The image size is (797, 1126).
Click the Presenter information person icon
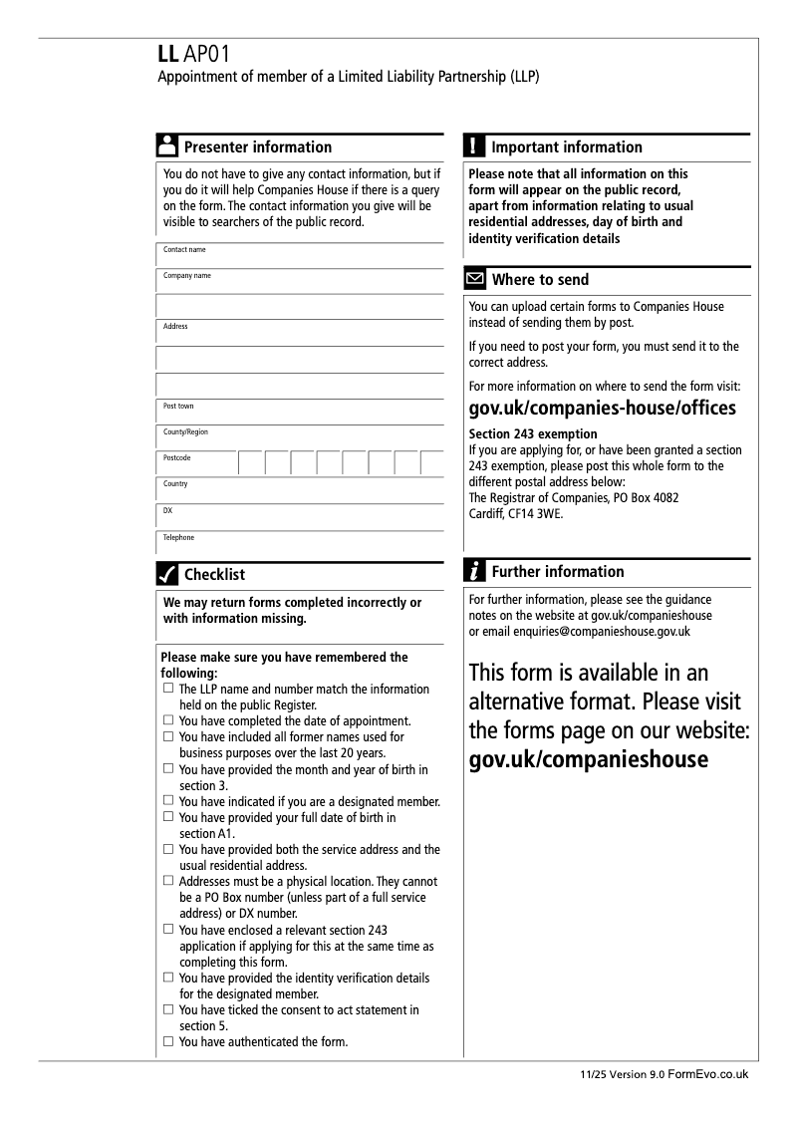tap(167, 146)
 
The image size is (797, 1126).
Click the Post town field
tap(299, 413)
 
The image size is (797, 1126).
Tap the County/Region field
tap(299, 438)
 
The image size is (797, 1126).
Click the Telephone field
tap(299, 544)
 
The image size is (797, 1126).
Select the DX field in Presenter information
tap(299, 516)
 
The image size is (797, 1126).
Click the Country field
tap(299, 490)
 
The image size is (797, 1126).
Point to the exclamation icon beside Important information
tap(474, 146)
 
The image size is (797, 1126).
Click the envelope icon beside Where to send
tap(475, 279)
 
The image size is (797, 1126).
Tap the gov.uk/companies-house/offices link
tap(602, 409)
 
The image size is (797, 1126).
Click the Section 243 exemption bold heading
tap(533, 433)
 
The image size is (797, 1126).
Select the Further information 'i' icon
tap(475, 571)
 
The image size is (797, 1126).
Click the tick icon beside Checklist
tap(167, 574)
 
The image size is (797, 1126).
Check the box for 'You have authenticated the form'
tap(168, 1042)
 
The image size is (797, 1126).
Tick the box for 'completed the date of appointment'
tap(168, 720)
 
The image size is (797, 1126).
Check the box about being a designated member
tap(168, 801)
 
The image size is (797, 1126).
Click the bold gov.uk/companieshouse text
tap(588, 759)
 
